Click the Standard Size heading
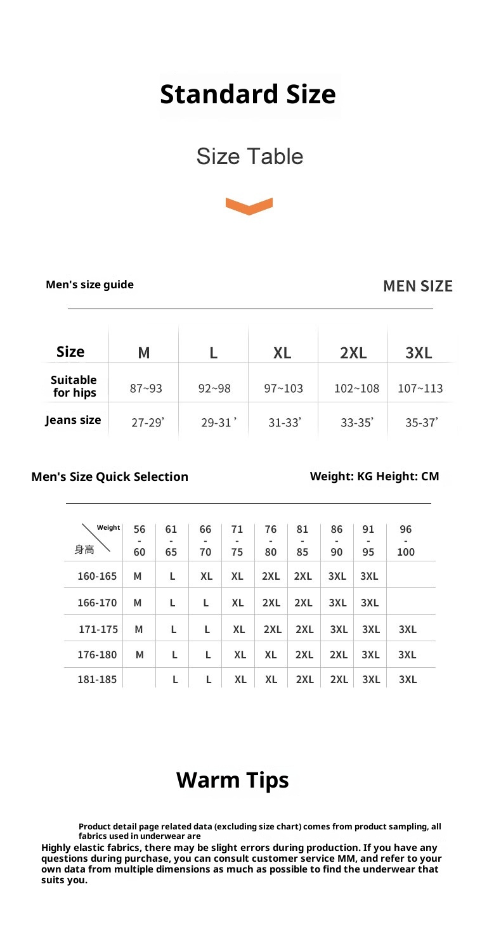[x=248, y=94]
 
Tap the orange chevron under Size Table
[x=249, y=206]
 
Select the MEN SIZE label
[x=417, y=286]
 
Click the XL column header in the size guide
[x=282, y=352]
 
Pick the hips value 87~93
[x=146, y=388]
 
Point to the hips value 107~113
[x=420, y=388]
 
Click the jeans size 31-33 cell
[x=284, y=423]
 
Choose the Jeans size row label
[x=73, y=420]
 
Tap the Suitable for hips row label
[x=74, y=387]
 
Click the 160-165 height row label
[x=97, y=576]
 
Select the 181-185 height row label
[x=97, y=679]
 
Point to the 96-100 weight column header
[x=405, y=540]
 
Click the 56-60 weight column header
[x=140, y=540]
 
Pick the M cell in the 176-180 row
[x=140, y=654]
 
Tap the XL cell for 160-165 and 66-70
[x=206, y=577]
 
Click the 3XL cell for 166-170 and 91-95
[x=369, y=603]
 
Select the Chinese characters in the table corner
[x=84, y=549]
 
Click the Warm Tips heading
[x=232, y=780]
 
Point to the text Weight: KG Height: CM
[x=374, y=476]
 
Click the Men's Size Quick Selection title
[x=110, y=476]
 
